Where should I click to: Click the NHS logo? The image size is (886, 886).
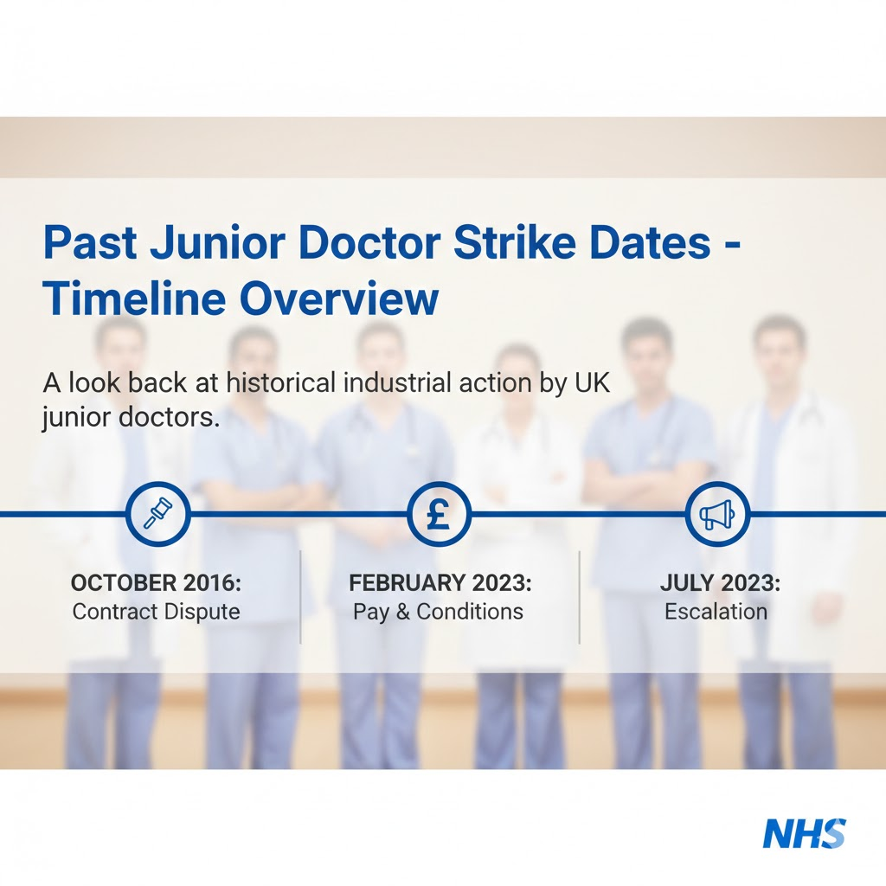804,834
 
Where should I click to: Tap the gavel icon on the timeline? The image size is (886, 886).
157,514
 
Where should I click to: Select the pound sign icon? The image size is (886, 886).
439,514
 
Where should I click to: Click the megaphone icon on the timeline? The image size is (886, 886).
717,514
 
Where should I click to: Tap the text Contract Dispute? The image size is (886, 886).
157,612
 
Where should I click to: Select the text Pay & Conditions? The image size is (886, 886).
438,612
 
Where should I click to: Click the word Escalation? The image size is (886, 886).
716,612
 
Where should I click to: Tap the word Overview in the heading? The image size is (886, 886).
338,299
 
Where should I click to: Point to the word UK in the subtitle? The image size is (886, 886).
592,382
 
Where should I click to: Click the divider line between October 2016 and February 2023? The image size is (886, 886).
300,597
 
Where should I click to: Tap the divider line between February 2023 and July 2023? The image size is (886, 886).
579,597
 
